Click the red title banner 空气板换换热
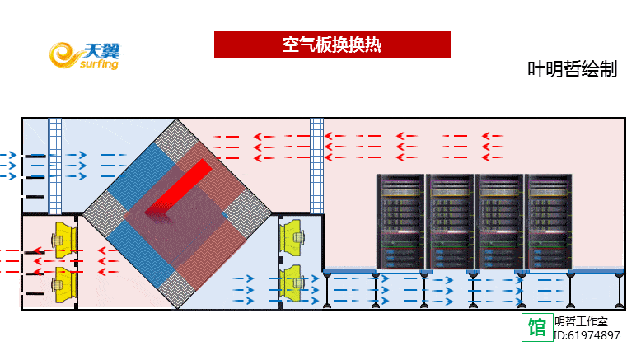[x=332, y=44]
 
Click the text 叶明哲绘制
[x=572, y=70]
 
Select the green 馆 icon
[x=537, y=327]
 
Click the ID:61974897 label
[x=586, y=335]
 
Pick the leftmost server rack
[x=401, y=221]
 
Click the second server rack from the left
[x=451, y=221]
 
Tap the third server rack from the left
[x=500, y=221]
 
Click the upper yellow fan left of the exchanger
[x=63, y=237]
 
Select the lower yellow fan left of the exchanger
[x=63, y=284]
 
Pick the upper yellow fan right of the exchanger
[x=293, y=237]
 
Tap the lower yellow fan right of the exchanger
[x=293, y=283]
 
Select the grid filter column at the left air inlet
[x=55, y=165]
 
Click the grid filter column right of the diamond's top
[x=316, y=165]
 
